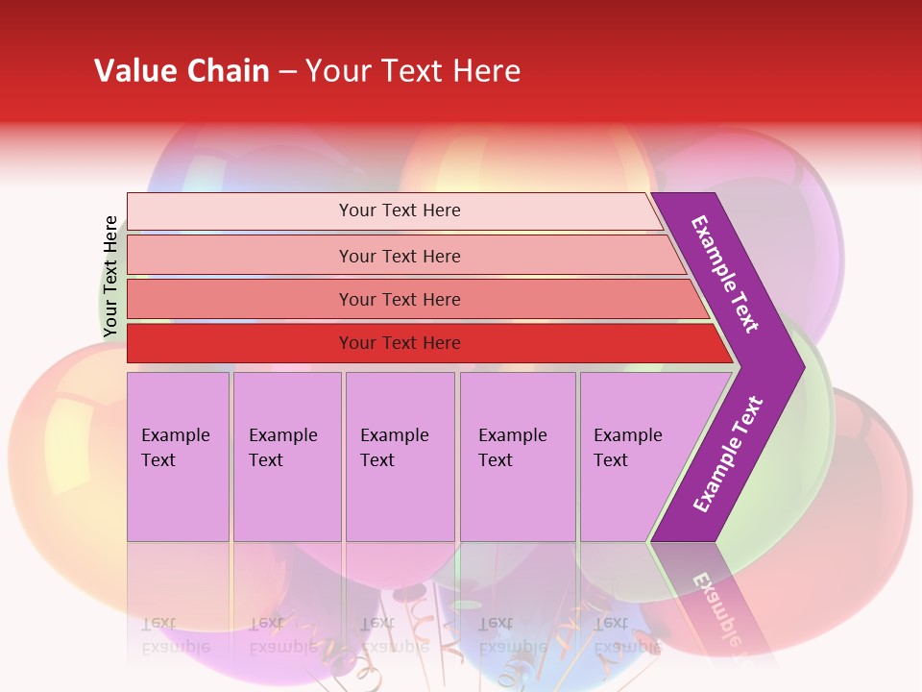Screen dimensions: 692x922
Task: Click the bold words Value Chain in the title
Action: [182, 71]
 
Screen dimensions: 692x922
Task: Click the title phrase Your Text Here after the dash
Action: [413, 71]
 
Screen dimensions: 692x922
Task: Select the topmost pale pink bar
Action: [240, 211]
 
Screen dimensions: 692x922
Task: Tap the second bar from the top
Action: [240, 256]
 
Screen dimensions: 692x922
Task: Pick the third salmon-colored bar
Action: [240, 299]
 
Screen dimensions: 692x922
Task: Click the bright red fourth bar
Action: [240, 343]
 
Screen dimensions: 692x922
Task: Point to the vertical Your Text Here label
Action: [110, 277]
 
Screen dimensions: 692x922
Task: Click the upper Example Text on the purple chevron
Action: [725, 274]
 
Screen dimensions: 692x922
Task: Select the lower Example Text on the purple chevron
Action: [728, 455]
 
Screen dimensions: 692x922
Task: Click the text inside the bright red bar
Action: [400, 343]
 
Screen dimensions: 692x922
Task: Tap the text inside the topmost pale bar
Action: [400, 210]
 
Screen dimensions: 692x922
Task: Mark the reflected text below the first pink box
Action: [175, 634]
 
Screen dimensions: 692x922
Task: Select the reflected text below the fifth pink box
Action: [626, 634]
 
